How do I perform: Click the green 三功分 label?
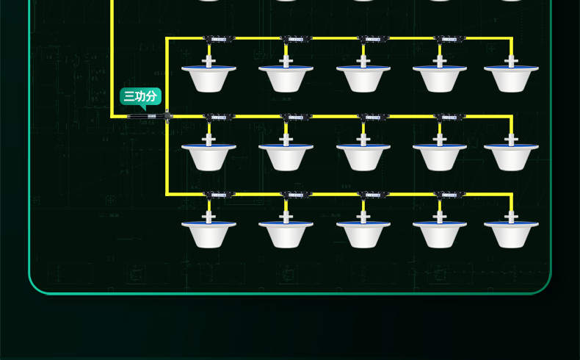140,96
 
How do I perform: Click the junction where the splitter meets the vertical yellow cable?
167,116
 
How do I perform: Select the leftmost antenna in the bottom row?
209,233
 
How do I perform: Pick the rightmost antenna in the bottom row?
511,233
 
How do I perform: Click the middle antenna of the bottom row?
363,233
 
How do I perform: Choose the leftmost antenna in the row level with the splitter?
209,156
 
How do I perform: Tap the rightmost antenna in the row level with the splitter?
511,156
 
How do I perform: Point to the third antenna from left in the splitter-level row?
363,156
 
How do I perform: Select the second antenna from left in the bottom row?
286,233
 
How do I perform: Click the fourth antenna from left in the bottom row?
440,233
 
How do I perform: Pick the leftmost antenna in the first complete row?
209,77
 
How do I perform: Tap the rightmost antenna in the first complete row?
511,77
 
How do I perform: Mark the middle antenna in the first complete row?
363,77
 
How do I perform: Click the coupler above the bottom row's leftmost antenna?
218,195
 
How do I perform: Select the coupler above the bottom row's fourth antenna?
449,195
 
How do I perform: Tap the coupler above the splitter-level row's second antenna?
295,117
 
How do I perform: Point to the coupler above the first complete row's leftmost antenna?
218,38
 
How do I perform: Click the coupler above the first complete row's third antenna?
372,38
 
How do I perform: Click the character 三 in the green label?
128,96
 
